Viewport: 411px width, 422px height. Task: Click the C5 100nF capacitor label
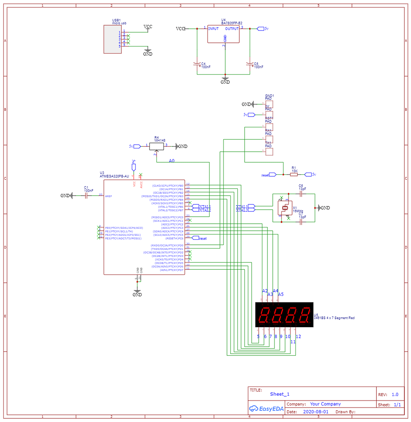pos(258,66)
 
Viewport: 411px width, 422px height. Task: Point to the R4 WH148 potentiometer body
pos(156,146)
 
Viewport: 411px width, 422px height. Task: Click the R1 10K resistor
pos(294,174)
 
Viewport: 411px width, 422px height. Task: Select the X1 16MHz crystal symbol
pos(285,208)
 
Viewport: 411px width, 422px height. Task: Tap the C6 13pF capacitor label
pos(302,188)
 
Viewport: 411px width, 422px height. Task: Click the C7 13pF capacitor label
pos(302,216)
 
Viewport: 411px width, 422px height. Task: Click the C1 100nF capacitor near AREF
pos(86,196)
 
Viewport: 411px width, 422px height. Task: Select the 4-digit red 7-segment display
pos(284,315)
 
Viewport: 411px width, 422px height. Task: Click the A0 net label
pos(171,161)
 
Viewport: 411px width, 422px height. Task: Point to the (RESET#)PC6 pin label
pos(174,238)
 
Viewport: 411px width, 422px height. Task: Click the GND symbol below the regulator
pos(225,80)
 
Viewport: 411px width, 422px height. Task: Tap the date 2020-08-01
pos(316,412)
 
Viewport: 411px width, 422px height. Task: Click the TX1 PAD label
pos(268,145)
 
